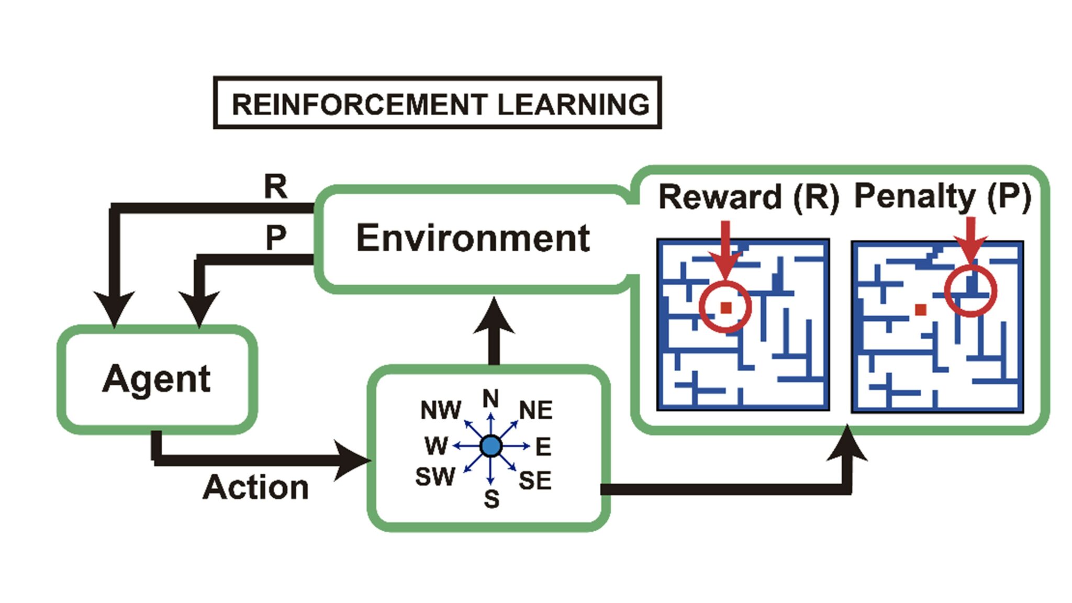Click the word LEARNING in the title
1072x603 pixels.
(573, 104)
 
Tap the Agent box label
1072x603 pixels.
(156, 378)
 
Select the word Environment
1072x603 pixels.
(473, 238)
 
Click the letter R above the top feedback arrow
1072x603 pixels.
(275, 186)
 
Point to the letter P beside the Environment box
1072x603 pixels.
(276, 238)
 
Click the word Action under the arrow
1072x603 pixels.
(255, 487)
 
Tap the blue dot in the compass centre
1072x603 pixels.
(490, 446)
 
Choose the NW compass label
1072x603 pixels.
(440, 410)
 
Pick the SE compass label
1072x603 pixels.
(535, 481)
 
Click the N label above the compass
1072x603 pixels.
(490, 399)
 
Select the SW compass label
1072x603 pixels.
(435, 477)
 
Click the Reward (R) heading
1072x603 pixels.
(749, 197)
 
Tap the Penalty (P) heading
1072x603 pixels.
(942, 196)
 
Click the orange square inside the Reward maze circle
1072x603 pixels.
(725, 308)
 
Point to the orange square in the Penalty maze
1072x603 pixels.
(920, 309)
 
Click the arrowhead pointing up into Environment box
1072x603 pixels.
(494, 317)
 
